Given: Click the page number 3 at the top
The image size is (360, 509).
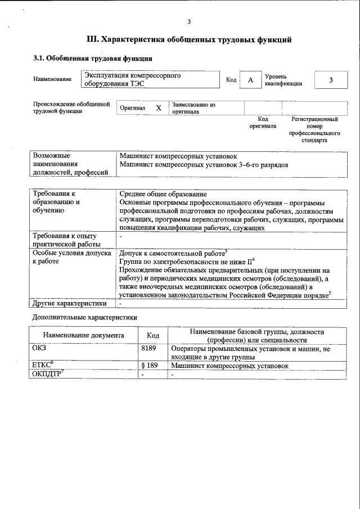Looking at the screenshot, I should pyautogui.click(x=189, y=22).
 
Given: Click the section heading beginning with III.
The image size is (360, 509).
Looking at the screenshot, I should pyautogui.click(x=189, y=40).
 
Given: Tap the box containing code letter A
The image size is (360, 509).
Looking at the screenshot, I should pyautogui.click(x=250, y=80).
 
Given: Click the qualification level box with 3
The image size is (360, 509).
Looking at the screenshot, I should pyautogui.click(x=331, y=80).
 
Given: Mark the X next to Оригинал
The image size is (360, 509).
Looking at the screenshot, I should pyautogui.click(x=159, y=108).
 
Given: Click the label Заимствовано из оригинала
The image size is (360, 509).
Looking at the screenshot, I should pyautogui.click(x=193, y=108).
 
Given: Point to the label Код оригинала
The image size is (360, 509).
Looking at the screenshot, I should pyautogui.click(x=263, y=123).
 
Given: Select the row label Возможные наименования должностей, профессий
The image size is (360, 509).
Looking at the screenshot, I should pyautogui.click(x=70, y=163).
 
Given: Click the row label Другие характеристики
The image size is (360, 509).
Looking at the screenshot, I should pyautogui.click(x=69, y=303).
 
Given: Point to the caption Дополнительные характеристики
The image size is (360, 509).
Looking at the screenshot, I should pyautogui.click(x=84, y=318).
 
